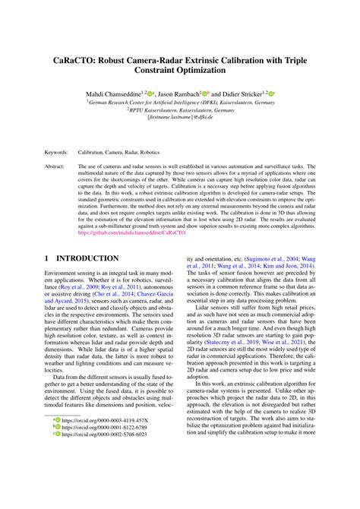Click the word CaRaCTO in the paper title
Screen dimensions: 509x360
point(78,56)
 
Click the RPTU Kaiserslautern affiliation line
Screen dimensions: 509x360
point(179,109)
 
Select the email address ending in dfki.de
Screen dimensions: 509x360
point(179,119)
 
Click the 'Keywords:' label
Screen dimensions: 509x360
point(57,152)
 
